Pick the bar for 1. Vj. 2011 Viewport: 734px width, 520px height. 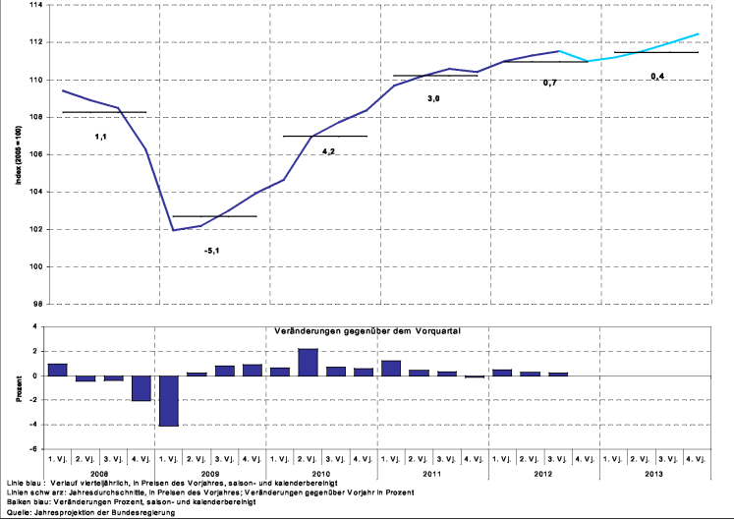click(391, 368)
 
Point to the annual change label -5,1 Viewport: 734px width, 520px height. click(211, 251)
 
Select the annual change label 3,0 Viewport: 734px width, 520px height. click(433, 99)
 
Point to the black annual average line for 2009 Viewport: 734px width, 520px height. click(213, 216)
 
